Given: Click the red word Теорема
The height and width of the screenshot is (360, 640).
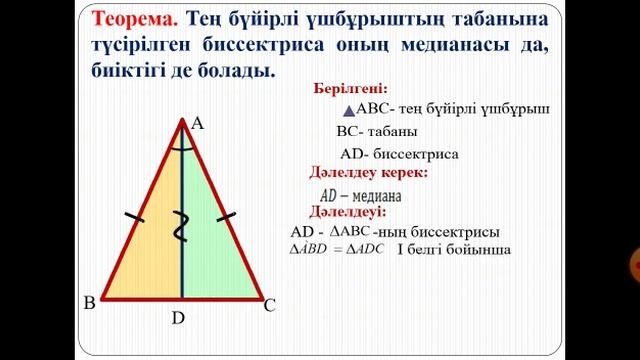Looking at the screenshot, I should (135, 20).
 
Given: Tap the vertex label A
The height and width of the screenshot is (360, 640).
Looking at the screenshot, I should (197, 123).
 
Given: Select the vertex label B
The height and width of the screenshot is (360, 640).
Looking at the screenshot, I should (90, 303).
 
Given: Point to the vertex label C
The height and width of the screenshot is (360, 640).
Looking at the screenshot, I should (269, 307).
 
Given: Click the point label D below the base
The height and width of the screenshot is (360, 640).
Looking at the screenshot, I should (178, 319).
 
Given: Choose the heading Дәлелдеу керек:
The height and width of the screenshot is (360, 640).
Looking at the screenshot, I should (368, 172).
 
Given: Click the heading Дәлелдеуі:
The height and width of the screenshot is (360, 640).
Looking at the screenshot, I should (347, 212).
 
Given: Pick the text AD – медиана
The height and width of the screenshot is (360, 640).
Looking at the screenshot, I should (361, 195).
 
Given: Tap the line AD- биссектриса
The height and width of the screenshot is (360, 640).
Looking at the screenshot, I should (399, 154).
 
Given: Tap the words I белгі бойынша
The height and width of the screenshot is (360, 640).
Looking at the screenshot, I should (455, 248).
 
